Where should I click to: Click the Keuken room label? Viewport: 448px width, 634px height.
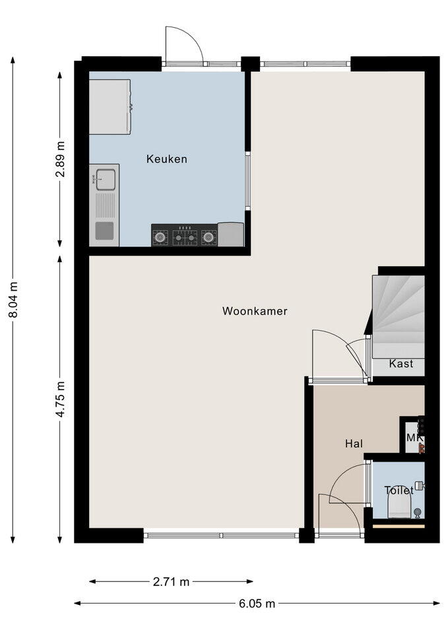(166, 159)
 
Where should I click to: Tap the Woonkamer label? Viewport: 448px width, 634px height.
(255, 311)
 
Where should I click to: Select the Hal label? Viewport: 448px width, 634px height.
(354, 444)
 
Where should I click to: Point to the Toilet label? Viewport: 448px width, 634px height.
(399, 491)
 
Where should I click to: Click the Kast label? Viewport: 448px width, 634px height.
(401, 363)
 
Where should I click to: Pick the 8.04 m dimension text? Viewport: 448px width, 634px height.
(13, 300)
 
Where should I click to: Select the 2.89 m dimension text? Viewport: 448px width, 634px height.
(60, 159)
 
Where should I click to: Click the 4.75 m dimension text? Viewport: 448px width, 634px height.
(60, 399)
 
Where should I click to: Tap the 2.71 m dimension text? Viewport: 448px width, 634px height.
(171, 581)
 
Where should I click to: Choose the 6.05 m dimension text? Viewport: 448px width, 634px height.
(257, 604)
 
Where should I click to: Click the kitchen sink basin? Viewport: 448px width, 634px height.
(105, 180)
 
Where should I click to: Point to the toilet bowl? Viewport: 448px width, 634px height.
(399, 507)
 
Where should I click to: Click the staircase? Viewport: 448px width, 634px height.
(398, 316)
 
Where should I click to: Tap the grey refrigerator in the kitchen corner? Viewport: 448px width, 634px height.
(110, 107)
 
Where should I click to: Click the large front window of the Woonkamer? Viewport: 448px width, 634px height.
(222, 536)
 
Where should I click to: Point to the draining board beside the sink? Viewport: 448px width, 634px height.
(105, 205)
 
